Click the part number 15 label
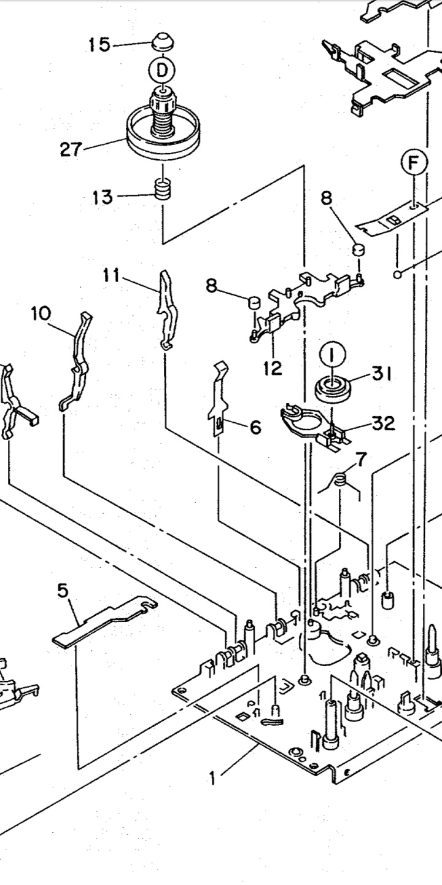pos(99,45)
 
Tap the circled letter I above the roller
pos(332,356)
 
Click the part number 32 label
pos(383,423)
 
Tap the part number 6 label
pos(255,427)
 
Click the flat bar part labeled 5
pos(104,622)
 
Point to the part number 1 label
pos(212,778)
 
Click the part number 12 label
pos(273,368)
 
